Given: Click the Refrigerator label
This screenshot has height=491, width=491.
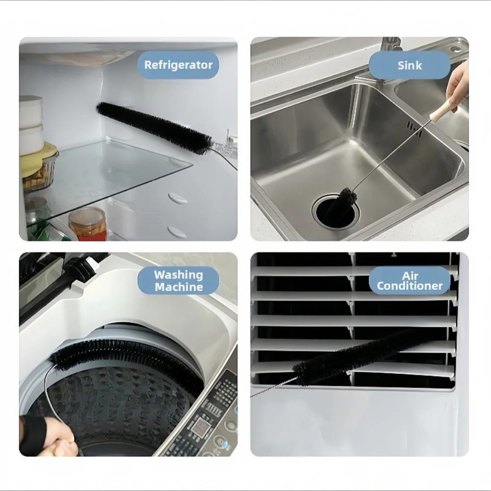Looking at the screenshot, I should click(179, 65).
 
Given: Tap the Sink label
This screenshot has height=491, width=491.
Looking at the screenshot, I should click(410, 65).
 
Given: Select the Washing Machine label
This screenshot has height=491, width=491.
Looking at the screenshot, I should click(179, 281).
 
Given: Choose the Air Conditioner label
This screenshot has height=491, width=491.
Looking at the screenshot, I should click(410, 281).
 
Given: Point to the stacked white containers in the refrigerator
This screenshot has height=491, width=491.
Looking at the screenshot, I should click(31, 125).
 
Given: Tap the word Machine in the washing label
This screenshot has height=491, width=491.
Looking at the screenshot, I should click(179, 287).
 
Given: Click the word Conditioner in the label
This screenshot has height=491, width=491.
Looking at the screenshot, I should click(410, 286).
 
